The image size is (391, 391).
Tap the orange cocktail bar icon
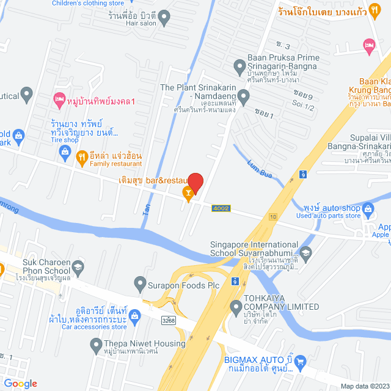click(x=189, y=194)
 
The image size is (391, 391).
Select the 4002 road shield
click(x=221, y=208)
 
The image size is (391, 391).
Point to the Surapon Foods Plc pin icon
click(x=139, y=284)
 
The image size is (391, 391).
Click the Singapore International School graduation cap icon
click(x=306, y=252)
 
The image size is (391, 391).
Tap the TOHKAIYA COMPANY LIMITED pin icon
click(x=236, y=307)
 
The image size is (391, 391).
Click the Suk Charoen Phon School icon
click(x=78, y=266)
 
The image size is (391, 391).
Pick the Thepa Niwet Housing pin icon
click(x=96, y=345)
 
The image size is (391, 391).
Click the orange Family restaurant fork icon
click(x=81, y=158)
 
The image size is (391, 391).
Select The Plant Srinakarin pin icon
click(x=243, y=97)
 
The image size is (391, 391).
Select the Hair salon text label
click(x=141, y=24)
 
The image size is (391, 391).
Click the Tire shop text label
click(x=65, y=140)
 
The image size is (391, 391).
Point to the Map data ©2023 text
click(x=364, y=386)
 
